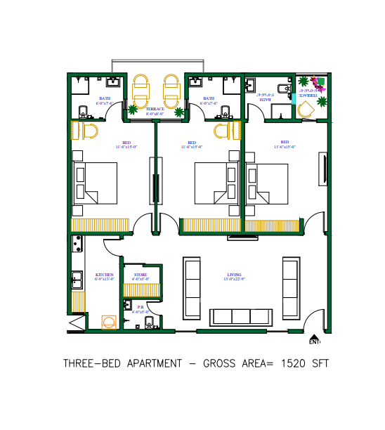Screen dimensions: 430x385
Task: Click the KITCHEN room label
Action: pos(104,275)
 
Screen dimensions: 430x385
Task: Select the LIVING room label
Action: pos(234,275)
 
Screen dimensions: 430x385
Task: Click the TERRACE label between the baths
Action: pos(155,109)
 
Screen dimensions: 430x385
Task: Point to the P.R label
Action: pos(141,307)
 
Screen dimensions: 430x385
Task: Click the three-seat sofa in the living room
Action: pos(240,316)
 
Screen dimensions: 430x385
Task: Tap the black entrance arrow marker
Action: pos(313,336)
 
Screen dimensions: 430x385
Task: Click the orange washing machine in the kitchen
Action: pos(109,322)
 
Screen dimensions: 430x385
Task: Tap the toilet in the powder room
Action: pos(149,322)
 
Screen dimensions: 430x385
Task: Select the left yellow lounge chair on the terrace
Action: pos(141,87)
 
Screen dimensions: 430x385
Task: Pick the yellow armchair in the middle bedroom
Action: pos(225,130)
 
